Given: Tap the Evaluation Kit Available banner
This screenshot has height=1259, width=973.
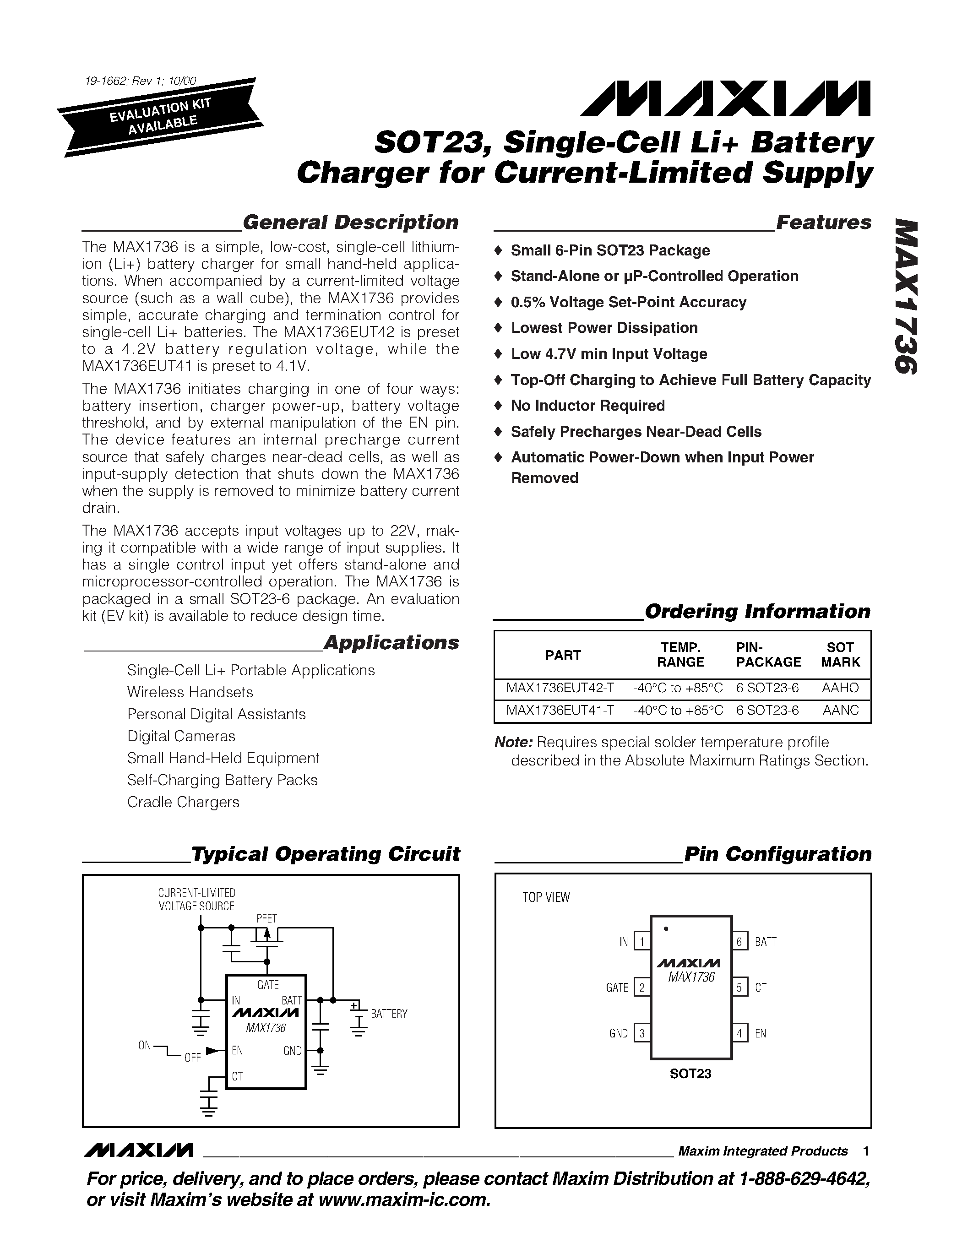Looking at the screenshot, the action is pos(161,116).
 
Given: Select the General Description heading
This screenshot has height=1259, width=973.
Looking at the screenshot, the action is pos(350,222).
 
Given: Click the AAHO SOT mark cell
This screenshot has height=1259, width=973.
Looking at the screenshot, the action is pos(840,688).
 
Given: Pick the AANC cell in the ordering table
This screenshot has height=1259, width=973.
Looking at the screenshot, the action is pos(840,710).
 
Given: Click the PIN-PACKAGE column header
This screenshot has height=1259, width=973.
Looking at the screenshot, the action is pos(768,655).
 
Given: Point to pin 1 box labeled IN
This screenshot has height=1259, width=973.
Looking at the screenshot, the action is pos(641,941).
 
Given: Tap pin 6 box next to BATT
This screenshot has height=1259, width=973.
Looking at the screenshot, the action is pos(739,941).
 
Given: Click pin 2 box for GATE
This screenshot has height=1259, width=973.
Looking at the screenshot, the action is pos(641,988).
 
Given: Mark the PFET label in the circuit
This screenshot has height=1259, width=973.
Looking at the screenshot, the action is pos(267,918).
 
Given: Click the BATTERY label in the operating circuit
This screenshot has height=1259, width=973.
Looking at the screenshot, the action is pos(389,1014).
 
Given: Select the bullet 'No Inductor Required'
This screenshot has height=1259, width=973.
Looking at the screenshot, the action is pos(587,406).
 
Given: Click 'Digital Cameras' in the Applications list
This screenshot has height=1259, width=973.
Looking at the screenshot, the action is pos(181,736).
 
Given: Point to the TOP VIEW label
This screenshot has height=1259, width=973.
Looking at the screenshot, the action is pos(546,898).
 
